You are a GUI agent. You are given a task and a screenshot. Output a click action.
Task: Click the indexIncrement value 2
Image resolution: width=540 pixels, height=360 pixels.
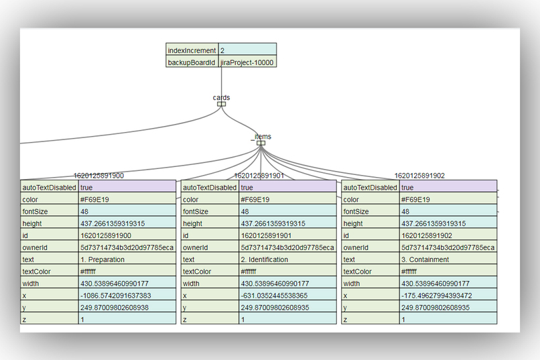coord(247,50)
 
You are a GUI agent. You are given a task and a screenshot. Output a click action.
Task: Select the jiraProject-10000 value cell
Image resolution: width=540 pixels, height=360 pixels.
coord(247,62)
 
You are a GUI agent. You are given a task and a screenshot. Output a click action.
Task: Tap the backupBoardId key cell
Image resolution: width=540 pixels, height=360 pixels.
coord(192,62)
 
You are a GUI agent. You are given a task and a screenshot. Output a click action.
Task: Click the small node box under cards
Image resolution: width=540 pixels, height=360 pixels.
coord(221,104)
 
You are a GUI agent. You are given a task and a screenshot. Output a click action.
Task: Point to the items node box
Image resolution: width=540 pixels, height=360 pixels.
coord(261,142)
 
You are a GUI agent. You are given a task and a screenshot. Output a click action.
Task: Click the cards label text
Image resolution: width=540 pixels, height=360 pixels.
coord(221,98)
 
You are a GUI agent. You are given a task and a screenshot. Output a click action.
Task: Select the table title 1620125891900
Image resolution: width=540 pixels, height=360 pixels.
coord(98,176)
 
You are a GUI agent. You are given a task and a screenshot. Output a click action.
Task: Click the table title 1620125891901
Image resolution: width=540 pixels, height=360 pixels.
coord(259,176)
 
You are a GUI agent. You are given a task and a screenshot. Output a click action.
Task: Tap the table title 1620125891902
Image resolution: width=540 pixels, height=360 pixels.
coord(419,176)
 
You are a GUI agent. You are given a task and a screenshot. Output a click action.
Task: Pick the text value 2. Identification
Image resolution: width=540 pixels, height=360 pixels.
coord(265,259)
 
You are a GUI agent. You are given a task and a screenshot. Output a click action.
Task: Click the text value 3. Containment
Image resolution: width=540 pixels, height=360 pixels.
coord(425,259)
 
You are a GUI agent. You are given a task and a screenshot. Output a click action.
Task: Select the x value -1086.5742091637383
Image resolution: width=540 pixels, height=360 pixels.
coord(115,296)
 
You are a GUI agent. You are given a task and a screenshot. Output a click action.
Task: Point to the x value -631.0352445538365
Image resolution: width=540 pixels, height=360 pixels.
coord(273,296)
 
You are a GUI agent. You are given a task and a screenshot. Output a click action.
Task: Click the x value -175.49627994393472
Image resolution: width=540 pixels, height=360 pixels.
coord(435,296)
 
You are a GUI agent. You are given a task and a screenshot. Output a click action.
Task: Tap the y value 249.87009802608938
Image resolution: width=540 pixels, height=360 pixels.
coord(115,308)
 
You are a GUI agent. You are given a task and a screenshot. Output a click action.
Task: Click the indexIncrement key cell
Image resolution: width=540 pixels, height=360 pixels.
coord(192,50)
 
